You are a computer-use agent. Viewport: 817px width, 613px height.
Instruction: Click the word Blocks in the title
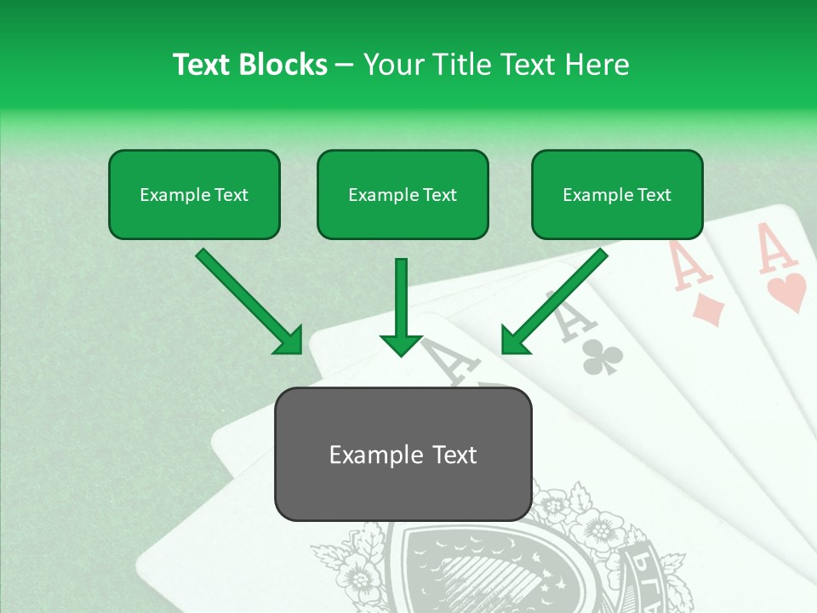point(283,65)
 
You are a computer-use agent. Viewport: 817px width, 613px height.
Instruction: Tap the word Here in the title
point(598,65)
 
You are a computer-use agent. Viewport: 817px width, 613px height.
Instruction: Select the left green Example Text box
point(194,194)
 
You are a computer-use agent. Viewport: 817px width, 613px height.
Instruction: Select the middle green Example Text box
point(403,194)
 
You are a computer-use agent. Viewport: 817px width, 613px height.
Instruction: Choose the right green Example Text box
point(617,194)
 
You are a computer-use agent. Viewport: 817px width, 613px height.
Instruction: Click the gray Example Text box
point(403,454)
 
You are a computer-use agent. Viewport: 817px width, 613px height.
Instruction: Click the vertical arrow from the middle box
point(401,306)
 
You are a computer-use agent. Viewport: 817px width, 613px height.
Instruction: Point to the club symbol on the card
point(603,358)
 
